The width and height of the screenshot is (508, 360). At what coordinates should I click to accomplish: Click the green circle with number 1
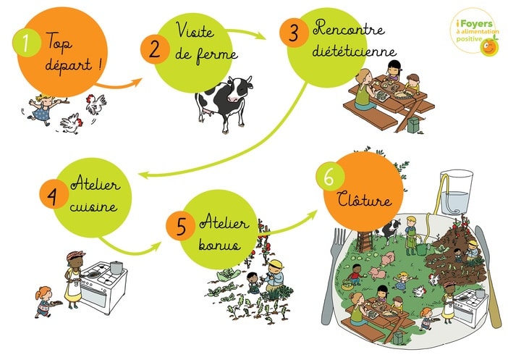(x=27, y=43)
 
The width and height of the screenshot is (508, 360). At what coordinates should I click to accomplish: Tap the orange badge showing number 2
(x=155, y=49)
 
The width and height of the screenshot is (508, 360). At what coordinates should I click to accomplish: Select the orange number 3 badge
(x=294, y=33)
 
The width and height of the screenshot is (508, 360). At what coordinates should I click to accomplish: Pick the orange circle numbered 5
(x=180, y=226)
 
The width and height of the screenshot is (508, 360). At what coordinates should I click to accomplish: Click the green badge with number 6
(x=330, y=177)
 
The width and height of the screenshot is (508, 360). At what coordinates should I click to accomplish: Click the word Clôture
(x=364, y=198)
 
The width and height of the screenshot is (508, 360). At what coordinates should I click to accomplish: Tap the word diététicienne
(x=354, y=51)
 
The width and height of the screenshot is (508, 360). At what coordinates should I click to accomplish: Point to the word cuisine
(x=93, y=206)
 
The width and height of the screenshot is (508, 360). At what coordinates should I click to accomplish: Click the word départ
(x=69, y=66)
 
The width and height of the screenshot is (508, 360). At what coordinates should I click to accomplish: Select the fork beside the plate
(x=331, y=275)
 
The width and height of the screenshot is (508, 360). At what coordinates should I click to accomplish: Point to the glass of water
(x=455, y=192)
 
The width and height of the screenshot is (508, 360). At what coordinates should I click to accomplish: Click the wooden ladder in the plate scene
(x=365, y=241)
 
